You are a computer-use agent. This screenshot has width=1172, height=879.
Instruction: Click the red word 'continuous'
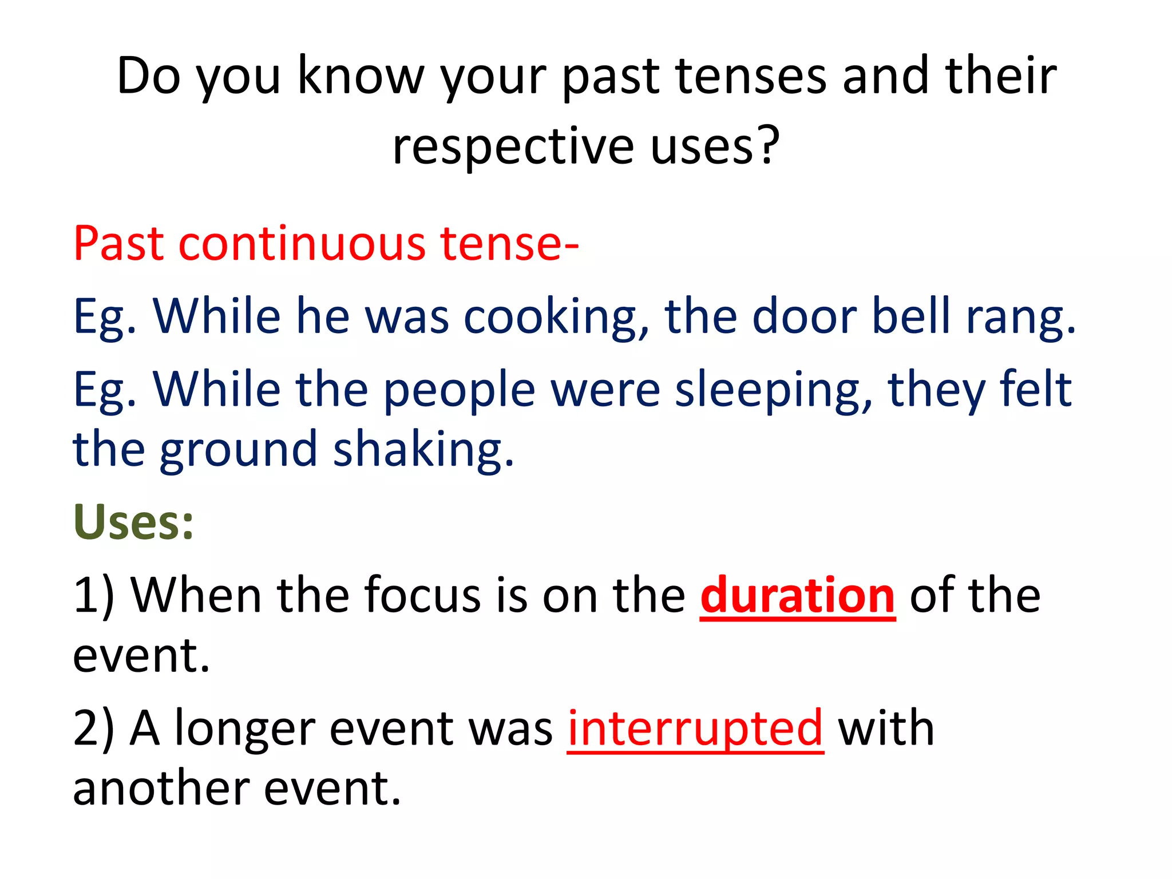pos(302,243)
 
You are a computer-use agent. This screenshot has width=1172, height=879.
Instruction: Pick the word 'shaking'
pos(423,449)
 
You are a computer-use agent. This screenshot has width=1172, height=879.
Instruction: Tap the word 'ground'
pos(238,449)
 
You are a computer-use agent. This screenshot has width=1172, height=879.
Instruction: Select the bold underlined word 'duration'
pos(798,596)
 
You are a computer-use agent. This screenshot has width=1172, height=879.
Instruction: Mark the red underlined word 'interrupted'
pos(695,728)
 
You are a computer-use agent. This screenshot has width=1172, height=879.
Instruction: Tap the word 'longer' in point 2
pos(245,728)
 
